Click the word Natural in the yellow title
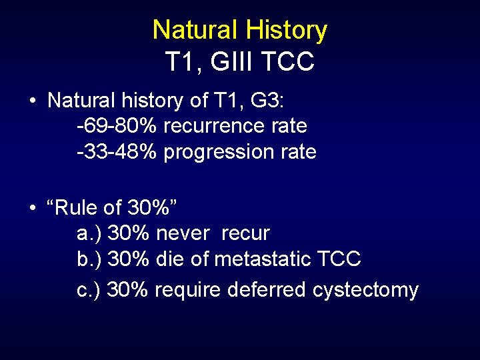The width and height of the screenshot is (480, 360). click(195, 30)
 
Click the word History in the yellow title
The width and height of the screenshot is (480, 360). click(286, 30)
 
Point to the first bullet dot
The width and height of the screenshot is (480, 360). click(33, 102)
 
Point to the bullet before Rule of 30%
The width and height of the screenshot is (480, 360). click(33, 209)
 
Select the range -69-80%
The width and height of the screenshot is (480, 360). click(117, 126)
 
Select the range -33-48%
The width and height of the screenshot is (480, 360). click(117, 152)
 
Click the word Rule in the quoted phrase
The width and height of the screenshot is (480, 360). click(77, 208)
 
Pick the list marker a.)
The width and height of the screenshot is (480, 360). click(89, 234)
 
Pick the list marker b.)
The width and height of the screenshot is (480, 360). click(89, 259)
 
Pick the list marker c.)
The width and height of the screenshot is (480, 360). click(89, 290)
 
